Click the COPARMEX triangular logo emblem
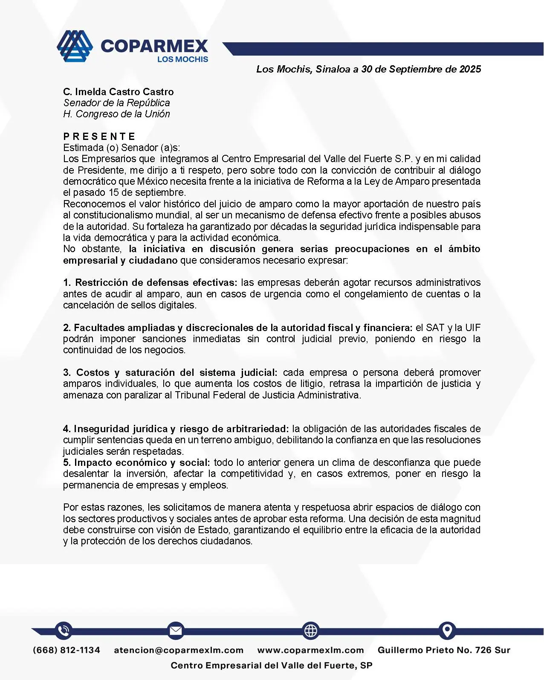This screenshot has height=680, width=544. [75, 46]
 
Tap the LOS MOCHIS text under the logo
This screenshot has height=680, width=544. [182, 59]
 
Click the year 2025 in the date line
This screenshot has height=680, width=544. [470, 69]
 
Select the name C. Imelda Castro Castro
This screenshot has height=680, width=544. [119, 92]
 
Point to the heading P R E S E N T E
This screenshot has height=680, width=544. [99, 137]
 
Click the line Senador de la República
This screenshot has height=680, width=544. [116, 103]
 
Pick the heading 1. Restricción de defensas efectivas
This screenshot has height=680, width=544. [150, 282]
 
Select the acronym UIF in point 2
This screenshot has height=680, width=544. [472, 328]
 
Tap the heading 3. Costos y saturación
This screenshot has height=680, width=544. [171, 372]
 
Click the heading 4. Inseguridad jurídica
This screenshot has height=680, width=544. [176, 429]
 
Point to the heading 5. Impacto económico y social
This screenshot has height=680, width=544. [136, 462]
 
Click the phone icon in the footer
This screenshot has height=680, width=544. [64, 631]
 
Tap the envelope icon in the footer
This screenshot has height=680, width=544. [175, 631]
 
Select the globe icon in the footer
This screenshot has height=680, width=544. [310, 631]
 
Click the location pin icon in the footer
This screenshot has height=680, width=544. [447, 631]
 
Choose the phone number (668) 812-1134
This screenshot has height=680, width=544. [67, 650]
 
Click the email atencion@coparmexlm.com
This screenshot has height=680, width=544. [179, 650]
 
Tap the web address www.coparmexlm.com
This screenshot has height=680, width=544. [310, 650]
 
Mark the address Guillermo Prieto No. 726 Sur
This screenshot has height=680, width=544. [444, 650]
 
